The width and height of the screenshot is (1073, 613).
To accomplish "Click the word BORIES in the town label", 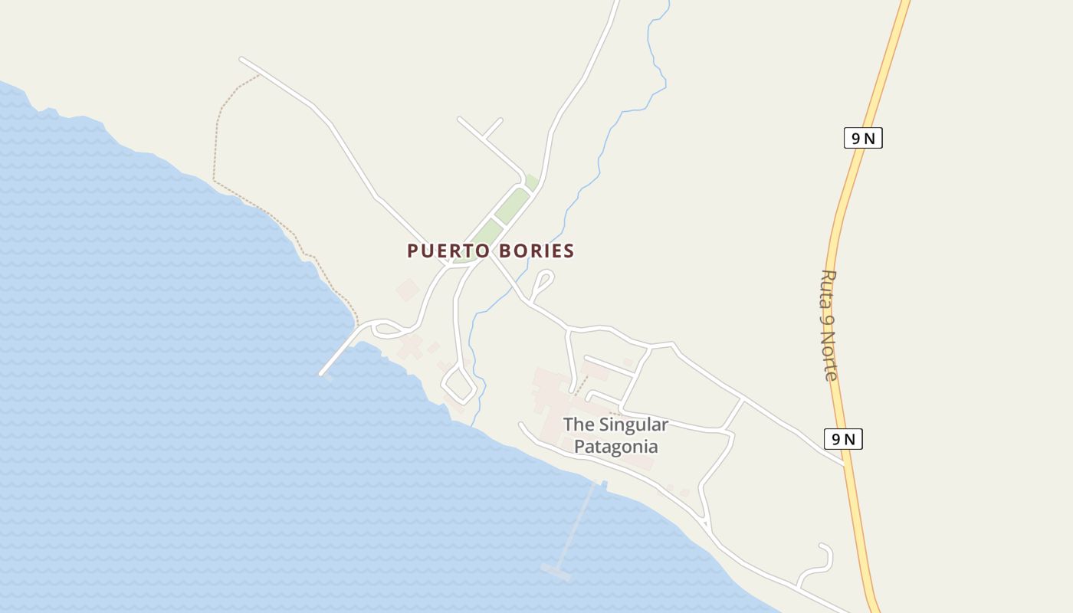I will (536, 251).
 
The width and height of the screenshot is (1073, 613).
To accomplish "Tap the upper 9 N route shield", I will (863, 138).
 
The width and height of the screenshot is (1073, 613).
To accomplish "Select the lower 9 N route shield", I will (843, 439).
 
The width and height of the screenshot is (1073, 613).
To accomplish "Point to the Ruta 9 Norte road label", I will (829, 325).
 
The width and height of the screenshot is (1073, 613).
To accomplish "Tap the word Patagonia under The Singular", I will (615, 446).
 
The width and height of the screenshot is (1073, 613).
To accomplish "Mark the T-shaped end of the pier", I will (556, 571).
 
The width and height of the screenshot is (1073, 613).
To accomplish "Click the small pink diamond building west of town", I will (408, 290).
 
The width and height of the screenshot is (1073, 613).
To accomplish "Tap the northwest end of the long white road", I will (241, 58).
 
